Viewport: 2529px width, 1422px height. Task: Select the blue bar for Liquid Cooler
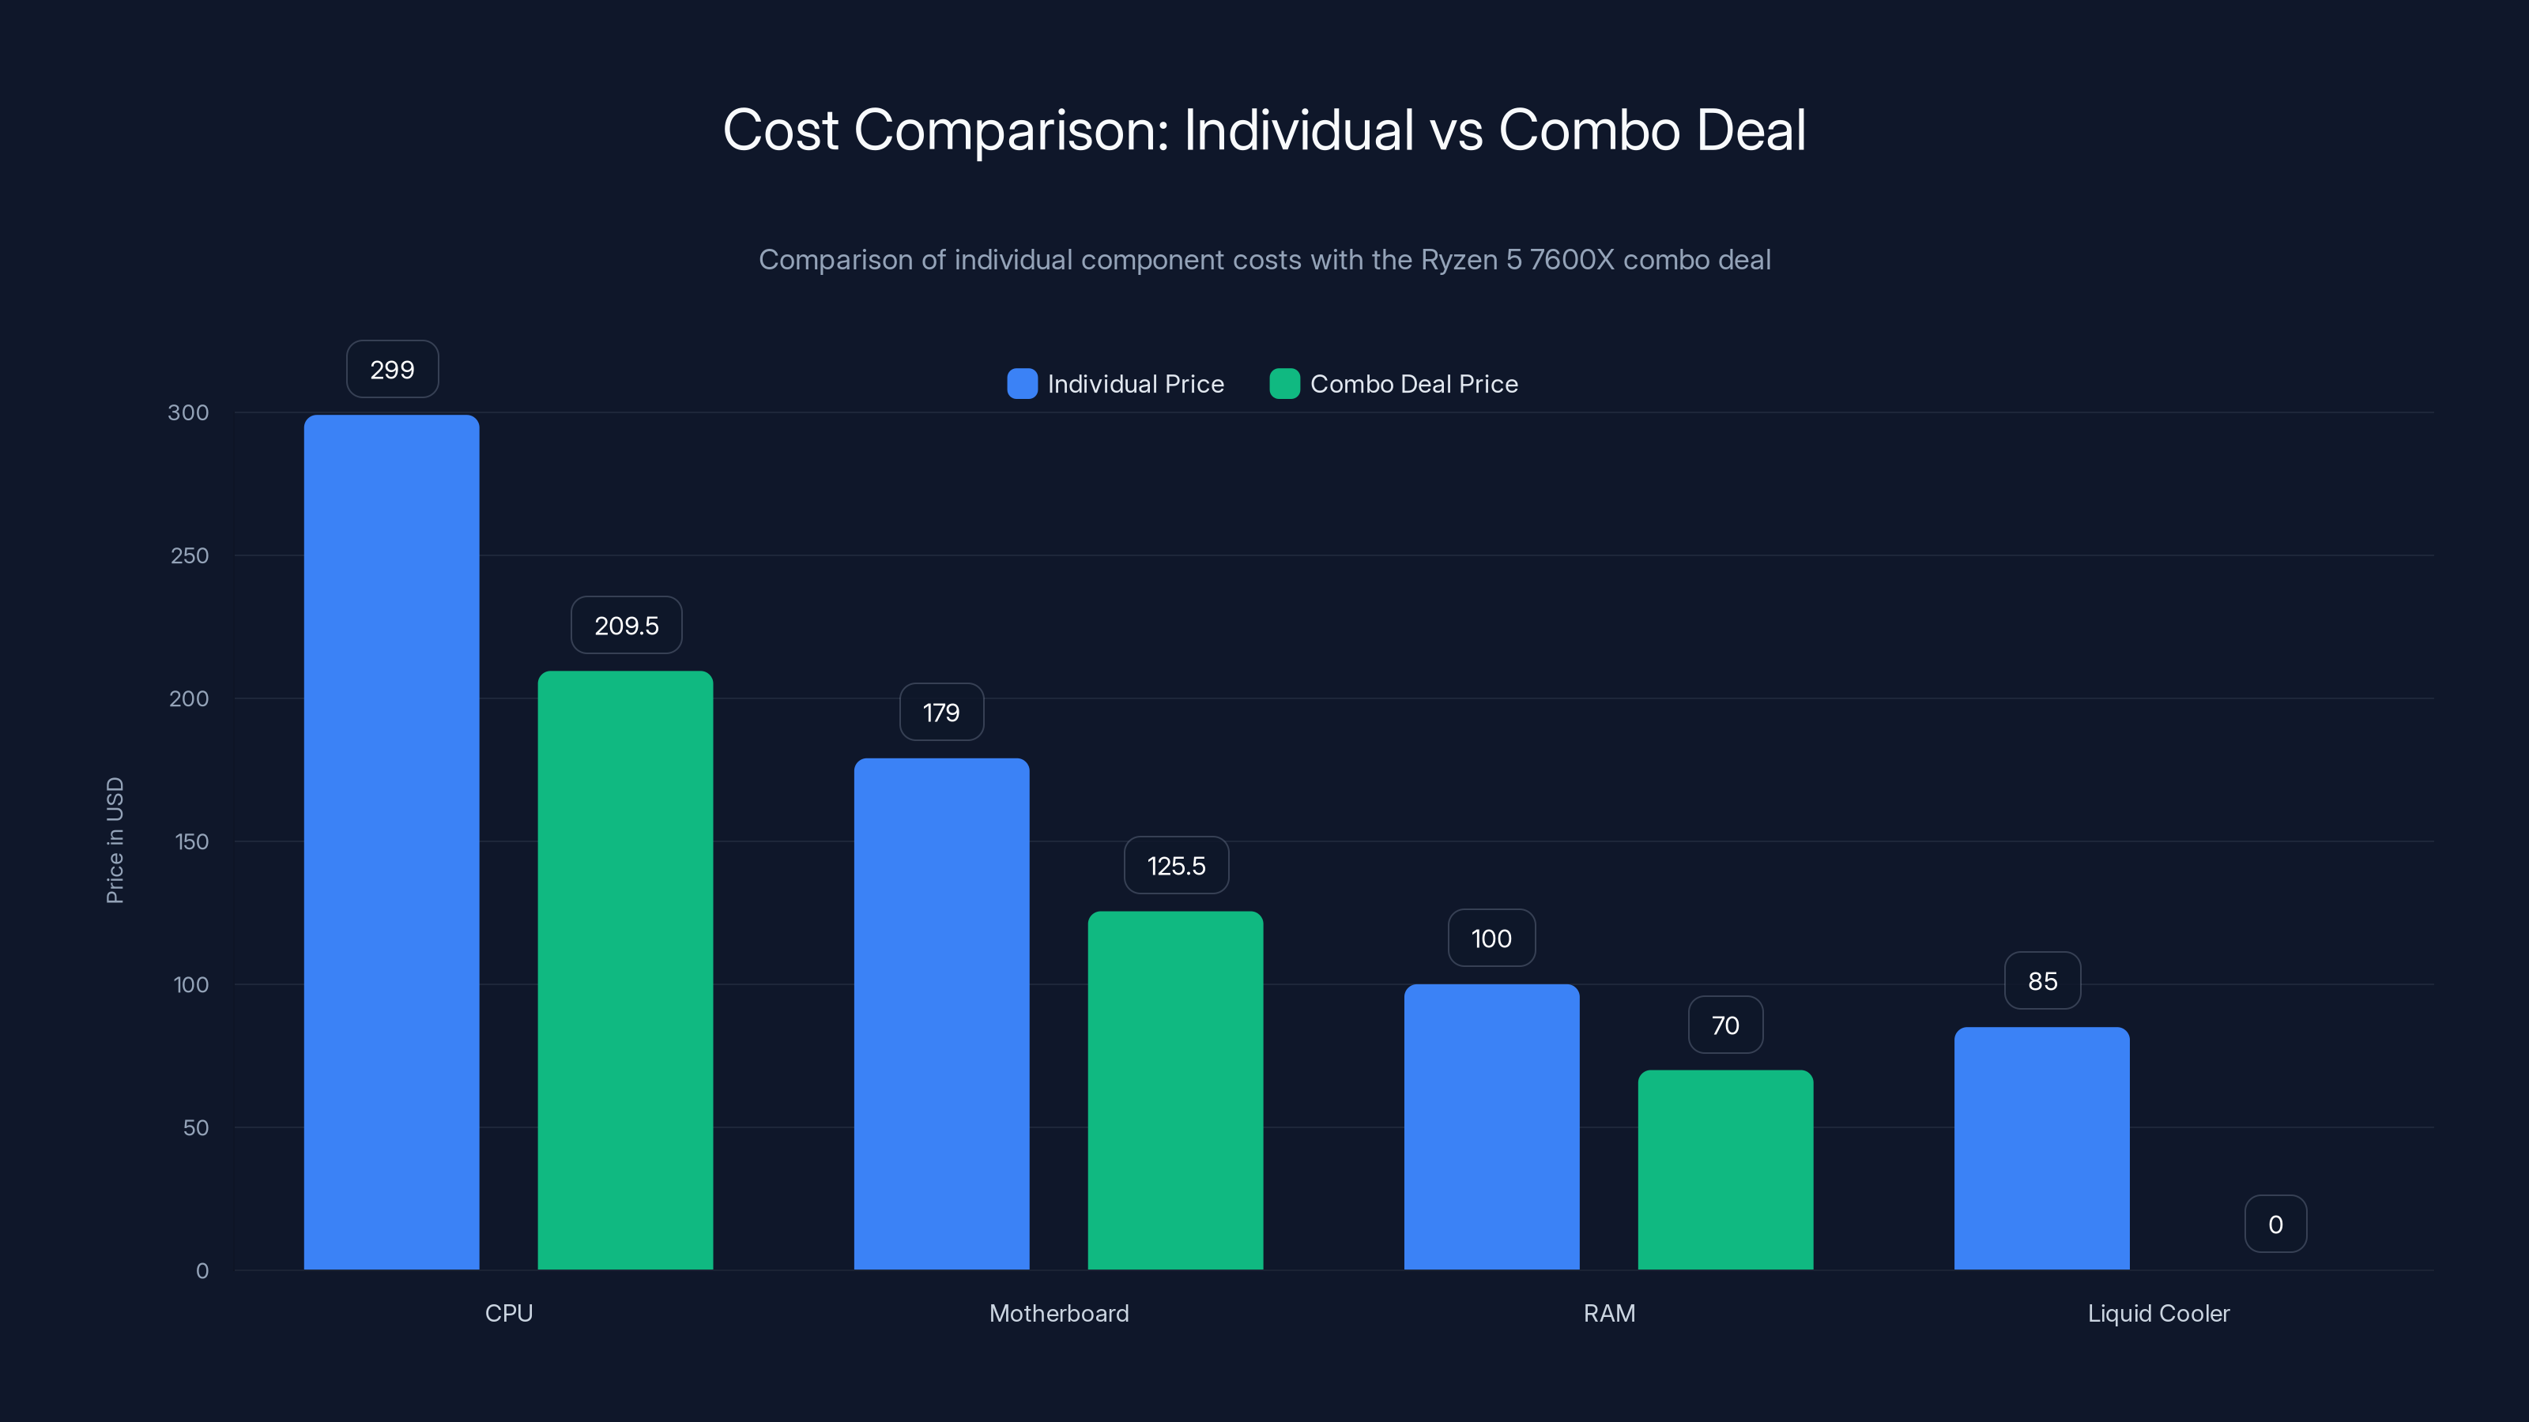[2041, 1147]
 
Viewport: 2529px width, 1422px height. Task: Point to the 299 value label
[392, 370]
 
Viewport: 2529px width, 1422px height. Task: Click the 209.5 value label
[627, 626]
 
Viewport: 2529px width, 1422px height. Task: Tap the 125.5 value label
[1176, 866]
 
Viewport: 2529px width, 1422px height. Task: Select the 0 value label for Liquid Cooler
[2275, 1224]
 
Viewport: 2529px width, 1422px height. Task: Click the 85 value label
[2042, 980]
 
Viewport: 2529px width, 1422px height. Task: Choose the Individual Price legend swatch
[1022, 384]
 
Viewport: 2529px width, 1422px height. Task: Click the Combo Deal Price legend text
[1414, 384]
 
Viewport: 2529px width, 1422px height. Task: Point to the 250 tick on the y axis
[190, 555]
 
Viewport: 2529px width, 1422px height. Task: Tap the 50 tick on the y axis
[195, 1127]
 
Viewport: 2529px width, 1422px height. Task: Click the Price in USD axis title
[115, 840]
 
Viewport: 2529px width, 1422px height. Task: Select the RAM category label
[1609, 1313]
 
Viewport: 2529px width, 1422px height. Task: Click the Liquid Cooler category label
[2158, 1313]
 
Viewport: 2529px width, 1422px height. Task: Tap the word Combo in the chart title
[1589, 130]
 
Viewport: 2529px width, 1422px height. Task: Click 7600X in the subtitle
[1571, 260]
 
